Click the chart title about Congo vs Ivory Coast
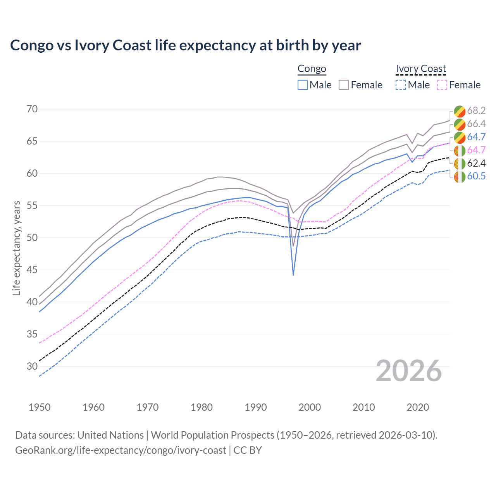186,45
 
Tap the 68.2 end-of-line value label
476,111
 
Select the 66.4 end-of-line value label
476,124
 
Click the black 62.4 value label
476,163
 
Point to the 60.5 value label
476,176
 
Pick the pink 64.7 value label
476,150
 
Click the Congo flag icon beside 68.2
460,111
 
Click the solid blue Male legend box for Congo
303,85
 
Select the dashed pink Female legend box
442,85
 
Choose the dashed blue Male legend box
401,85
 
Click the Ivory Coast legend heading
421,69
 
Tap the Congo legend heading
312,69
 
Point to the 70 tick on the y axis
32,109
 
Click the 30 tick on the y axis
32,366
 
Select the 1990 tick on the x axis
256,407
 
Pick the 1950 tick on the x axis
40,407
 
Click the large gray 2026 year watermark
409,371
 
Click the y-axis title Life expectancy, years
17,248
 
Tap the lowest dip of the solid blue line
293,275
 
